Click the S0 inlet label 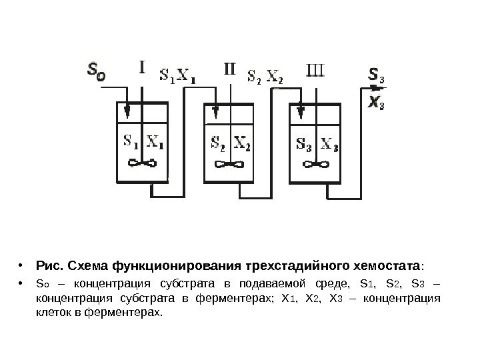pyautogui.click(x=96, y=71)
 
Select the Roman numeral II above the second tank pyautogui.click(x=228, y=69)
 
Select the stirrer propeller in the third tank pyautogui.click(x=315, y=165)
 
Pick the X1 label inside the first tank pyautogui.click(x=157, y=141)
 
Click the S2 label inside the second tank pyautogui.click(x=218, y=143)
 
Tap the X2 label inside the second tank pyautogui.click(x=241, y=143)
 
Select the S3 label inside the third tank pyautogui.click(x=303, y=143)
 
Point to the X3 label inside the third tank pyautogui.click(x=329, y=143)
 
